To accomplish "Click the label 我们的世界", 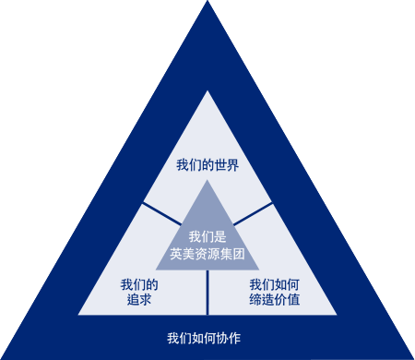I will pos(207,166).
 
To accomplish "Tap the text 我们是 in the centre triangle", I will pos(207,237).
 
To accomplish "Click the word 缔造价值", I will pos(274,300).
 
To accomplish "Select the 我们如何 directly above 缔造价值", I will pos(274,284).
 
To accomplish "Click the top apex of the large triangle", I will pos(207,91).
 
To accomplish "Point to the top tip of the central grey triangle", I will pos(207,181).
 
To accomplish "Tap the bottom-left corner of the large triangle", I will pos(79,314).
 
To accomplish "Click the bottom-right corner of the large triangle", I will pos(336,314).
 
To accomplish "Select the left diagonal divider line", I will pos(161,212).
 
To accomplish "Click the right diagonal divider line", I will pos(254,212).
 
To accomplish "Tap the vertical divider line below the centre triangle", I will pos(207,292).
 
